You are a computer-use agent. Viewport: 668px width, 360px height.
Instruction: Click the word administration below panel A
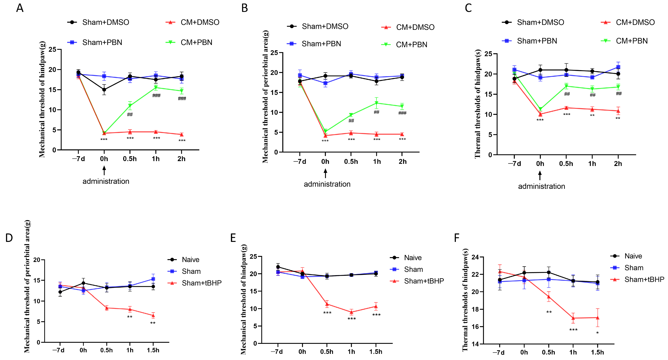pos(106,181)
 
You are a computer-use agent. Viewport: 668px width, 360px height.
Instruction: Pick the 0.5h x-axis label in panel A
pos(130,159)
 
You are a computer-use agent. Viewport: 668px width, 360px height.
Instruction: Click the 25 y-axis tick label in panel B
pos(274,53)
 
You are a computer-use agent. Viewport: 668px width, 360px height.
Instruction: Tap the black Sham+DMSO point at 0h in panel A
pos(104,90)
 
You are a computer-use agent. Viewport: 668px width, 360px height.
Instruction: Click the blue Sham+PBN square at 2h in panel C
pos(618,67)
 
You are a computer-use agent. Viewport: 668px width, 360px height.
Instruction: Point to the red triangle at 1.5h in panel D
pos(153,315)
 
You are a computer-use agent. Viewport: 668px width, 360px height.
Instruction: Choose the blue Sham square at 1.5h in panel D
pos(153,279)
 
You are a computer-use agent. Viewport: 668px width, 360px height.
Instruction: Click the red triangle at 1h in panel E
pos(351,312)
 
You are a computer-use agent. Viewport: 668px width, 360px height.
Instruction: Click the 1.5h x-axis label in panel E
pos(376,352)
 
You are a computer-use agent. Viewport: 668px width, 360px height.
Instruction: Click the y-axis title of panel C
pos(478,104)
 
